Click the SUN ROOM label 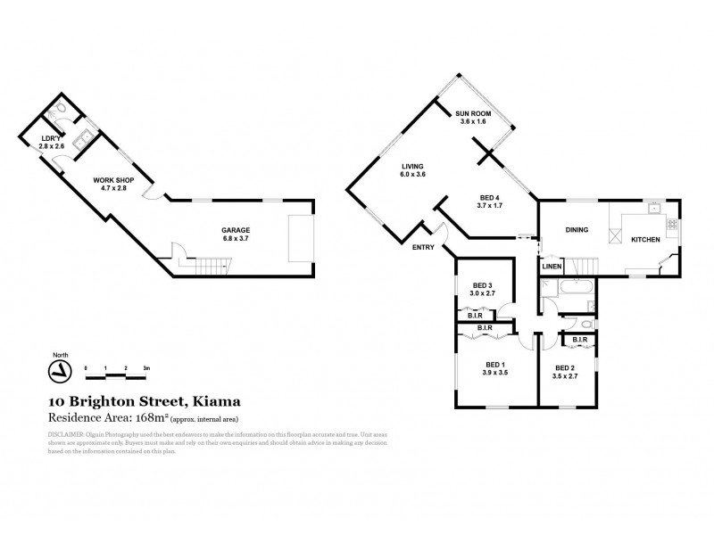click(x=472, y=113)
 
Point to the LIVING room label click(x=412, y=166)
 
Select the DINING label click(x=577, y=230)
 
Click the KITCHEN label click(x=645, y=240)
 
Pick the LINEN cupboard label click(x=552, y=267)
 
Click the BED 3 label click(x=485, y=285)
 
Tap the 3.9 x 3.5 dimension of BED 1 click(x=496, y=373)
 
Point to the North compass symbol click(x=59, y=369)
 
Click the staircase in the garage click(x=212, y=264)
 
